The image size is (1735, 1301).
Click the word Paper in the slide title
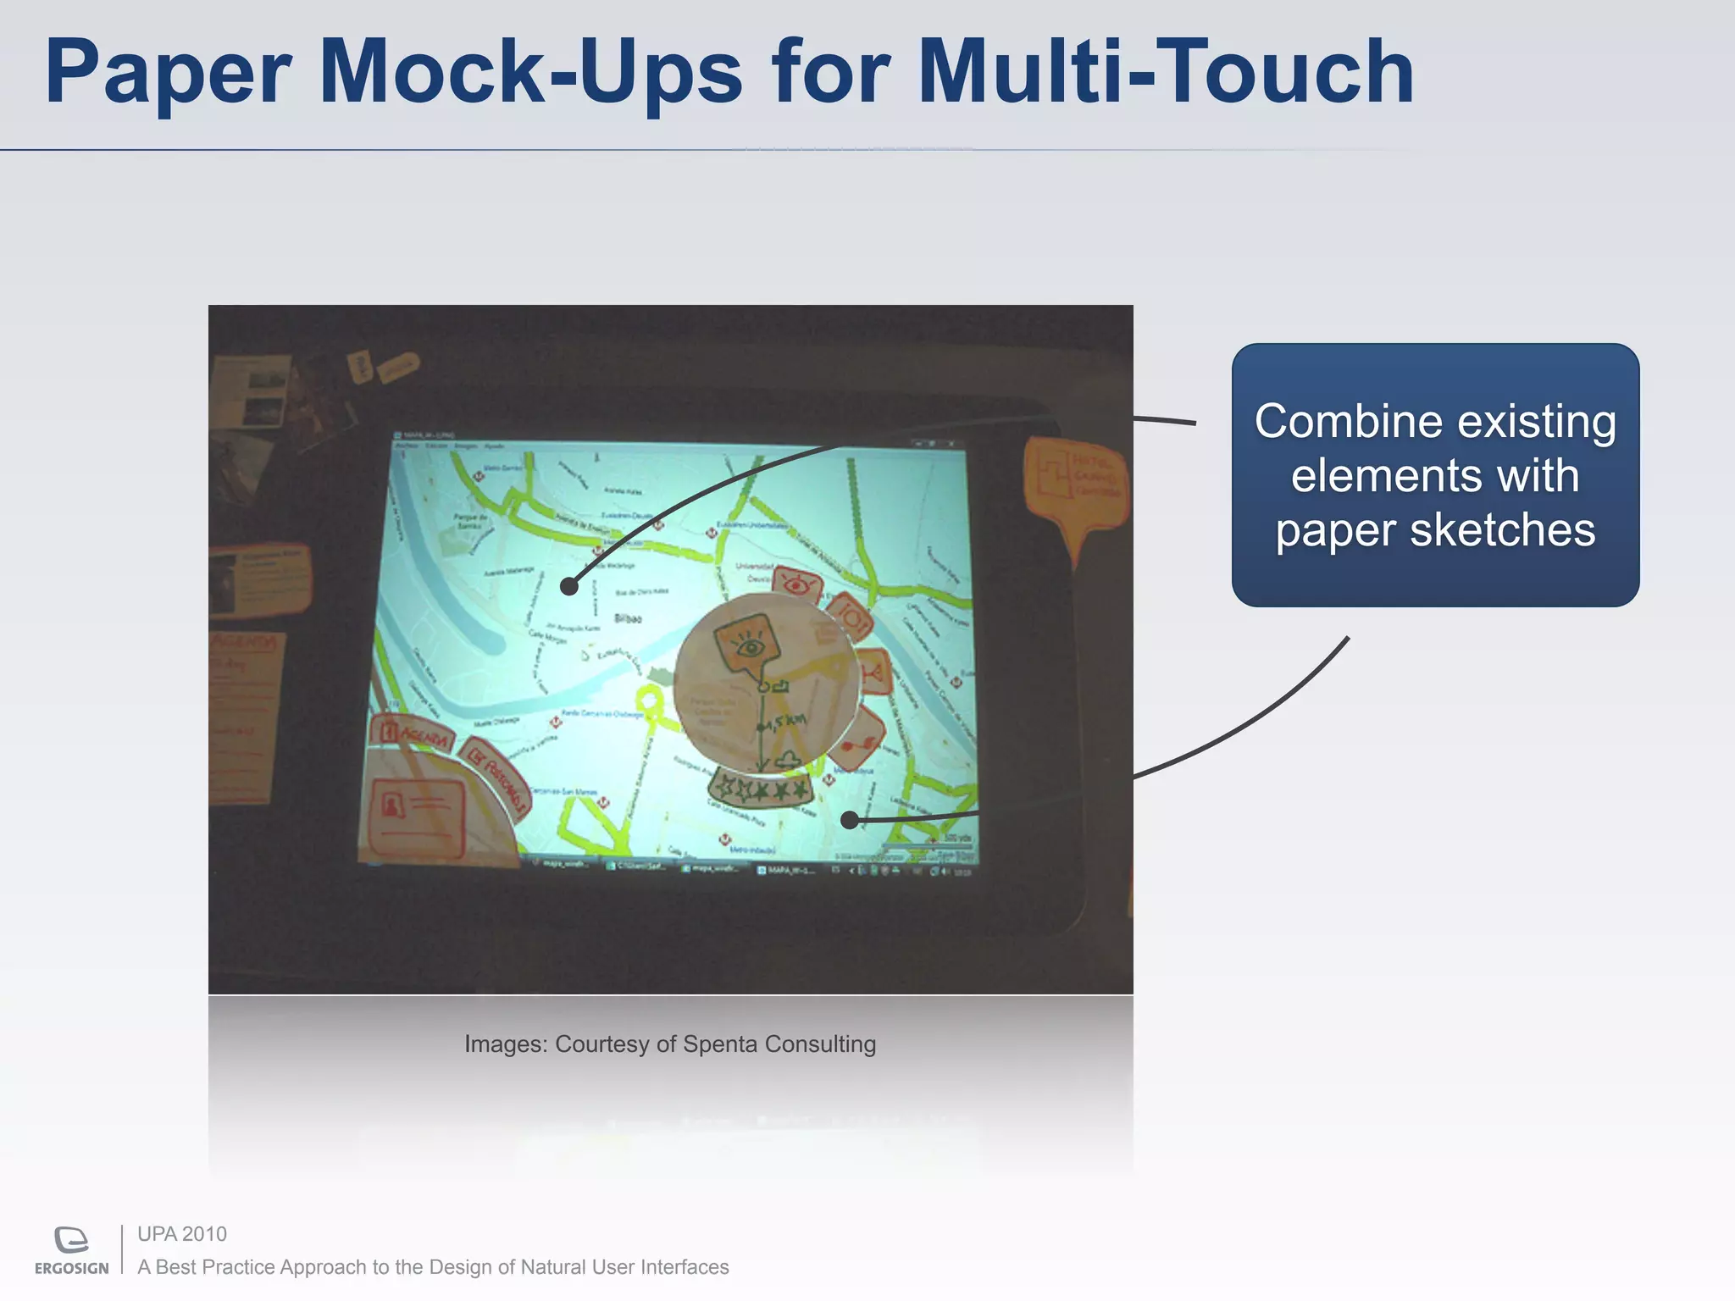coord(168,75)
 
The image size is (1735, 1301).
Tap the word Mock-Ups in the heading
coord(530,75)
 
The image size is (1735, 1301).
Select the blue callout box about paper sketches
coord(1434,474)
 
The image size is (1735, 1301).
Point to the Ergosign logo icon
coord(71,1240)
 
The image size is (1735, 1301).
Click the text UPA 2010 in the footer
coord(182,1234)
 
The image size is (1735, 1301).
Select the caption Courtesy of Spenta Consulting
coord(669,1044)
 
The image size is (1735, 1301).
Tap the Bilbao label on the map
coord(628,618)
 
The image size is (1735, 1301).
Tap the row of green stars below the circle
coord(761,789)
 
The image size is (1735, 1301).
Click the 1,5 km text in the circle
coord(784,722)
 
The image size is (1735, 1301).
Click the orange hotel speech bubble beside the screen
coord(1076,483)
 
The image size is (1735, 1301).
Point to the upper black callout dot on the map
coord(569,586)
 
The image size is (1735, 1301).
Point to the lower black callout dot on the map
coord(850,820)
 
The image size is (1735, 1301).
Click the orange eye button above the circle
coord(797,584)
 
